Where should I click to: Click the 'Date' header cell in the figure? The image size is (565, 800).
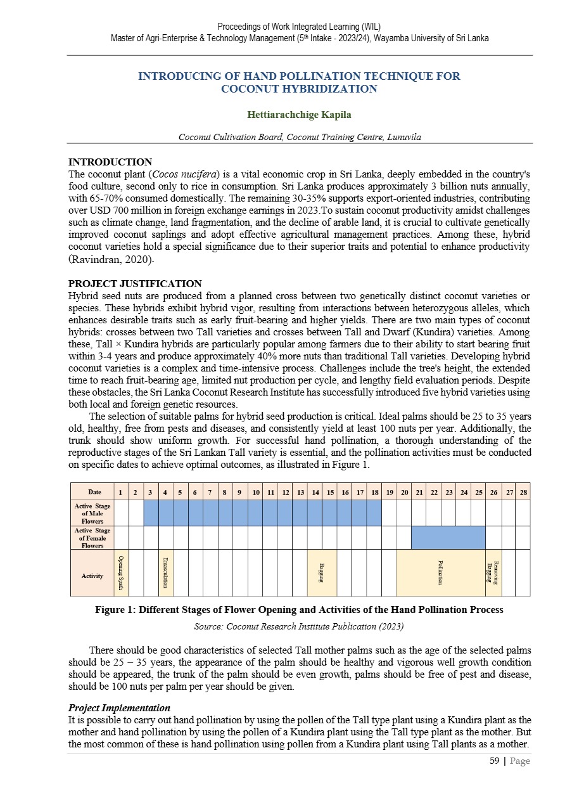94,492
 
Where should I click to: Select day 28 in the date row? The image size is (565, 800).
523,492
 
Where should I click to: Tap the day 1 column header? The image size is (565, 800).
121,492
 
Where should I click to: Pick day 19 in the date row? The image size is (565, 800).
389,492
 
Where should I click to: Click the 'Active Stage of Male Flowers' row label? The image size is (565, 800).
92,513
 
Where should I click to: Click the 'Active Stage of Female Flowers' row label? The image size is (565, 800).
92,538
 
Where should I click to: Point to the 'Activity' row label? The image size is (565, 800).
92,576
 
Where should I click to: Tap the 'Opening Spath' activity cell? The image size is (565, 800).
121,572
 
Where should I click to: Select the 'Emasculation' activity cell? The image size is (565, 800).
165,572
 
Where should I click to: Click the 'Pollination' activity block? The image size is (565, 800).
440,572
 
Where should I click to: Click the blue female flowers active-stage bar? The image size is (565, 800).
448,538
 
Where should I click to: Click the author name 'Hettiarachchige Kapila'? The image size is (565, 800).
300,115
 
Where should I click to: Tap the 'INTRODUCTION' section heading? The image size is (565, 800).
110,162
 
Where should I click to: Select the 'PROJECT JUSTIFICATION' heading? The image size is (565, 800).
134,283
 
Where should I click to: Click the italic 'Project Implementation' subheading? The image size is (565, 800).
118,707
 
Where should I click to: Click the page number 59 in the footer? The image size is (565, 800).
494,761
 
